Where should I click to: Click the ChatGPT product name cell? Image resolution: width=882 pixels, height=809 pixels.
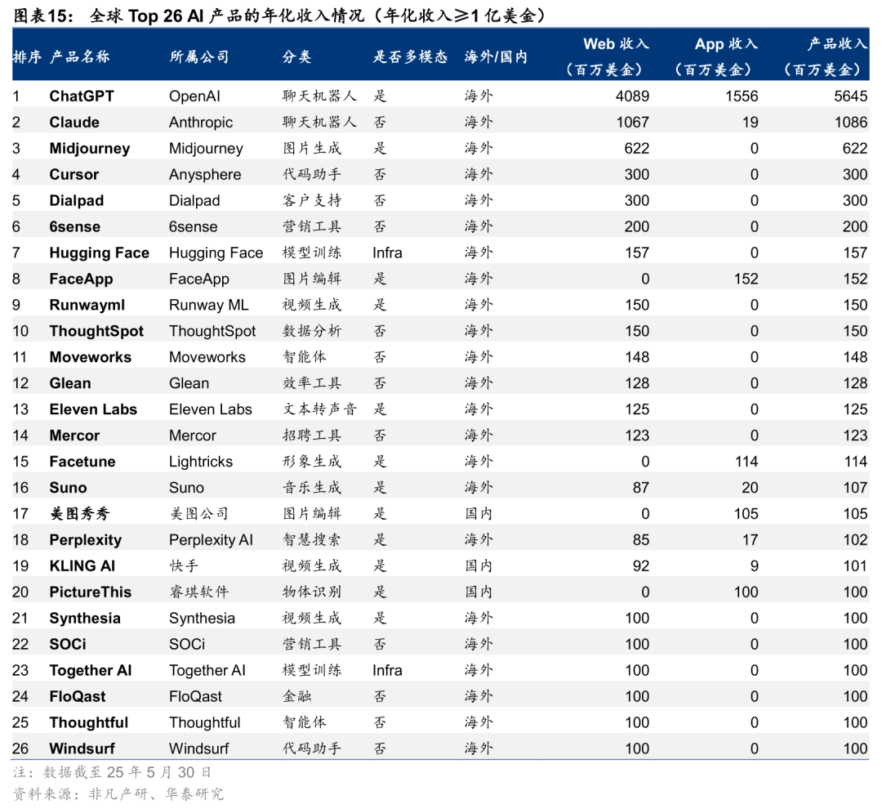coord(82,96)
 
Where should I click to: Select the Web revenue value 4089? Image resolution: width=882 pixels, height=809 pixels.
coord(632,96)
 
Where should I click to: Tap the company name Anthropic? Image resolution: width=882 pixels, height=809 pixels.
coord(201,122)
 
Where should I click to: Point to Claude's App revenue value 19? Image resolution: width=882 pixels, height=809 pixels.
coord(750,122)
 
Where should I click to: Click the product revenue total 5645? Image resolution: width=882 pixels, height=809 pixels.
coord(850,96)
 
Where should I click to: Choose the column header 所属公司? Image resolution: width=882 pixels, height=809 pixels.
coord(199,57)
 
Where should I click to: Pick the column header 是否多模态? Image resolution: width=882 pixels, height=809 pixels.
coord(410,57)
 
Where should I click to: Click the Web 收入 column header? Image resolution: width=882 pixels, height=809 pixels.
coord(616,44)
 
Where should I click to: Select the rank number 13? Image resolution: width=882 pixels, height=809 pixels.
coord(20,409)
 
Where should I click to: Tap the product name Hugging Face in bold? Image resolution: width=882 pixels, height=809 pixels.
coord(100,253)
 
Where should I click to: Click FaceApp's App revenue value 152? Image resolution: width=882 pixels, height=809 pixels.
coord(746,279)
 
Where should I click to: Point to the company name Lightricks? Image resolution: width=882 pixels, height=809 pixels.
coord(201,462)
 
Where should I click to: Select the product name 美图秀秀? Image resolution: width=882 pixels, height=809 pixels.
coord(80,513)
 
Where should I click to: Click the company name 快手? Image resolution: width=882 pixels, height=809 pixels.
coord(184,565)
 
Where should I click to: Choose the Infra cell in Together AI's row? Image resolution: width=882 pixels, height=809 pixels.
coord(388,671)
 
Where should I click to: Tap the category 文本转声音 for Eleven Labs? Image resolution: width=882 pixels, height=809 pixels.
coord(319,409)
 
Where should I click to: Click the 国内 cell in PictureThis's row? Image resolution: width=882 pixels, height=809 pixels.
coord(479,592)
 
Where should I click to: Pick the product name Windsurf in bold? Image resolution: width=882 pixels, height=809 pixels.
coord(82,749)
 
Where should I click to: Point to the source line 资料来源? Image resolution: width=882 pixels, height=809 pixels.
coord(118,793)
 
